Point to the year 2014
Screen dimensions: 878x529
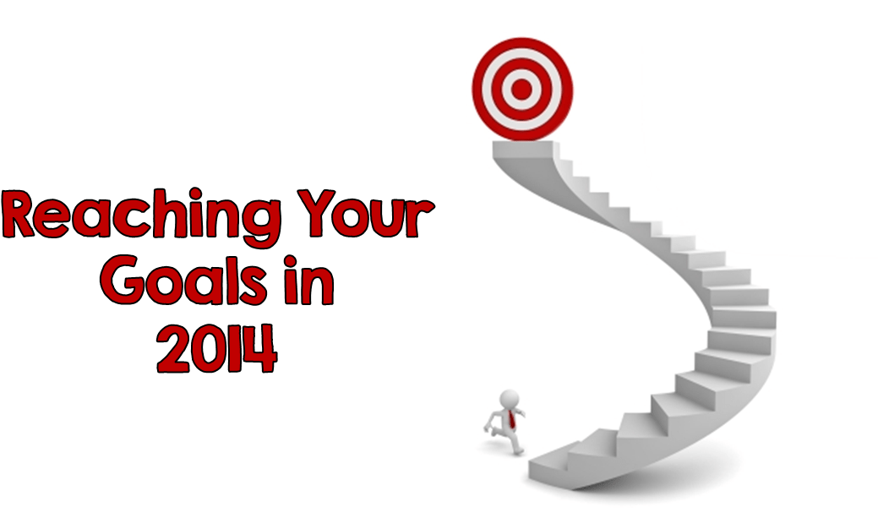(x=216, y=347)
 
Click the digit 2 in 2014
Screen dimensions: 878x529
(x=174, y=348)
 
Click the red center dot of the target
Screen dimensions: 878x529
(x=521, y=89)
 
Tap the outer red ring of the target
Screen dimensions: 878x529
(x=479, y=90)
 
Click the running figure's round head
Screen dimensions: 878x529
(x=509, y=400)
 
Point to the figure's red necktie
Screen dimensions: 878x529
(x=512, y=420)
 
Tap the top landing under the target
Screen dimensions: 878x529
(x=524, y=149)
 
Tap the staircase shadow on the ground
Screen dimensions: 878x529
(x=661, y=476)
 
